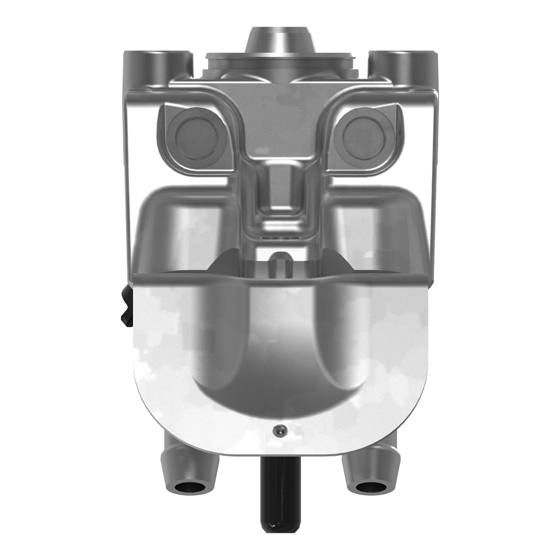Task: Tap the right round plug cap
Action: pos(365,135)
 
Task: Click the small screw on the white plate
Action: pos(279,431)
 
